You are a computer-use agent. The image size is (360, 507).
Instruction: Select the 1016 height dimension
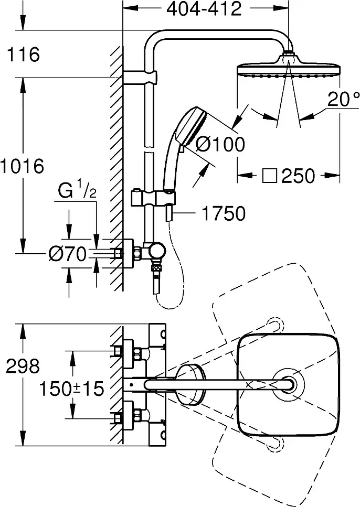tap(22, 167)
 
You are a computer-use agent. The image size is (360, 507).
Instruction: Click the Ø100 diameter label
tap(220, 144)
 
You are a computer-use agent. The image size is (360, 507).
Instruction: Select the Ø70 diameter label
tap(67, 254)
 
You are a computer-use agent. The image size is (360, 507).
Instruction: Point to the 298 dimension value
tap(23, 366)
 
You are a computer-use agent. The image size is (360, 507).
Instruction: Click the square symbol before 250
tap(270, 176)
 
